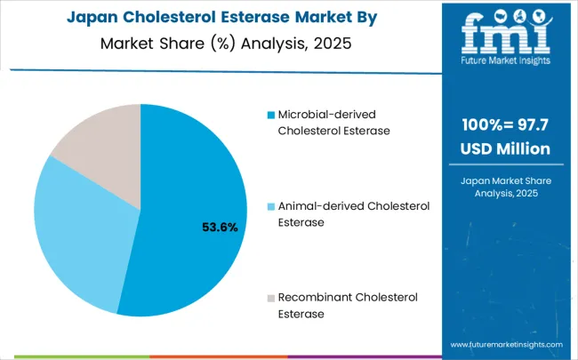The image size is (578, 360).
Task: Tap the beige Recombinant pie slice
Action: coord(102,156)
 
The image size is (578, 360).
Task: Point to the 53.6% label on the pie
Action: coord(220,228)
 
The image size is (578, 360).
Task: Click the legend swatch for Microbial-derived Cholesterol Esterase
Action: coord(271,115)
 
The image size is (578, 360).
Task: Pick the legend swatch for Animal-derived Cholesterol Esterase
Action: coord(271,206)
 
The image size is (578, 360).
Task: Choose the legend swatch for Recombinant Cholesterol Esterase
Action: coord(271,297)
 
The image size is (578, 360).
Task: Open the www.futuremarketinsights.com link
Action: coord(506,344)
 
